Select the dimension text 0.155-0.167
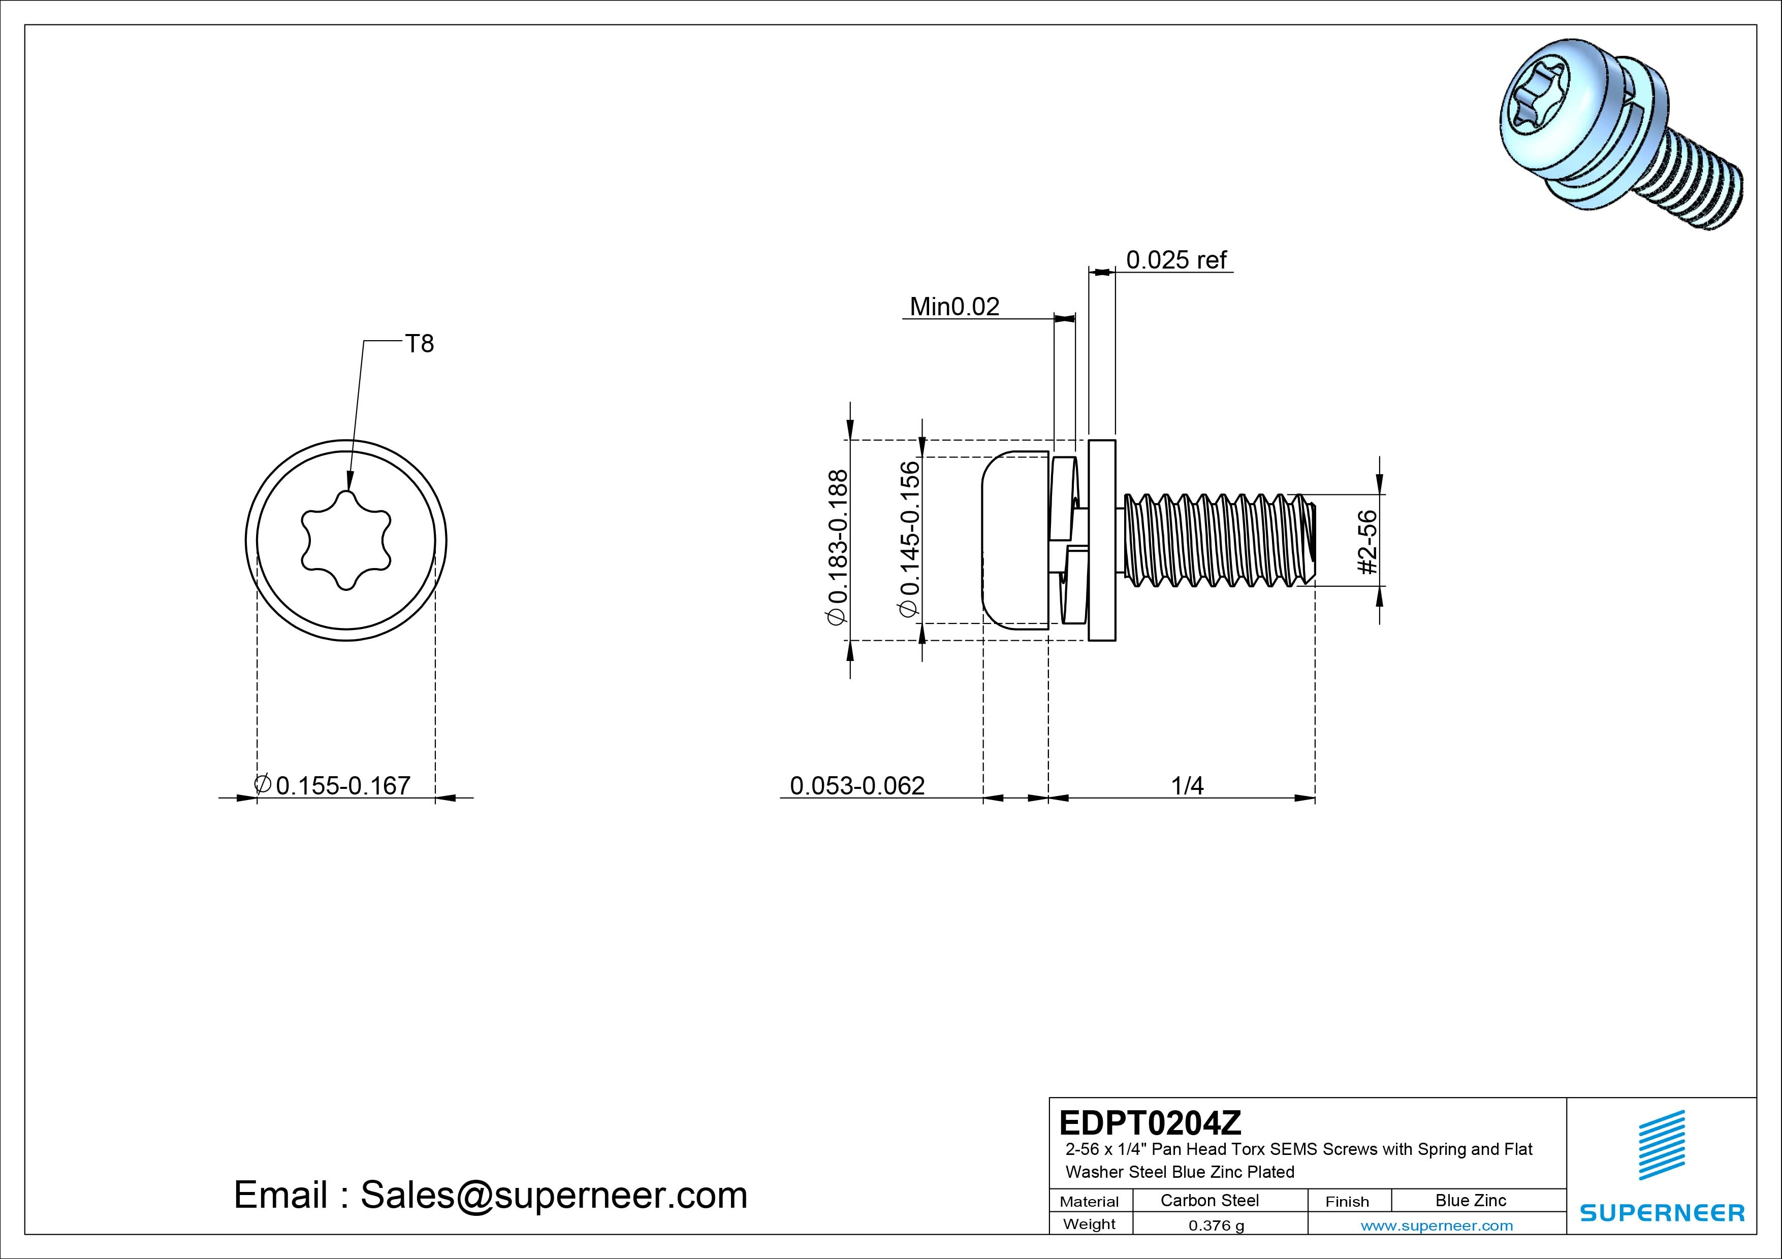coord(342,786)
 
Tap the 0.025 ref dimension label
coord(1176,260)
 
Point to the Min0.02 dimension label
coord(954,307)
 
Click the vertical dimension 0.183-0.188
coord(838,547)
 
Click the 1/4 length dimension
coord(1187,786)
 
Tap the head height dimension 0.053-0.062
coord(857,786)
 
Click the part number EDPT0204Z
coord(1150,1122)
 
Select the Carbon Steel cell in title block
coord(1209,1200)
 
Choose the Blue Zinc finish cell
coord(1470,1200)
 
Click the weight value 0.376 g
coord(1216,1225)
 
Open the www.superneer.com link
coord(1437,1225)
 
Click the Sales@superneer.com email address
coord(553,1196)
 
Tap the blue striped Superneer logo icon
coord(1661,1145)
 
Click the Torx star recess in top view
coord(346,540)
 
